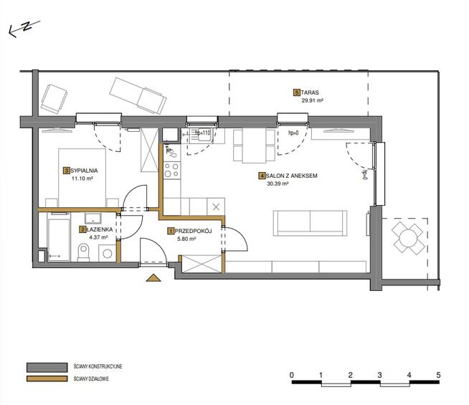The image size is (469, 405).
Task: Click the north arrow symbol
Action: click(22, 29)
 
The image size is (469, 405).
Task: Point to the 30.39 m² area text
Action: click(277, 184)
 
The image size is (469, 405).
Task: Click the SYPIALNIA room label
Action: click(84, 170)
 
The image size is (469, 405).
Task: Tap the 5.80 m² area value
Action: click(187, 239)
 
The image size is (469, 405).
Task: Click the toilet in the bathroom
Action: click(84, 251)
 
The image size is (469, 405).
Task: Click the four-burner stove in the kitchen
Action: click(171, 170)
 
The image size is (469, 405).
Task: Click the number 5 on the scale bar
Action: click(437, 375)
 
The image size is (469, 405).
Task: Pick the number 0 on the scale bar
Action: click(292, 375)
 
